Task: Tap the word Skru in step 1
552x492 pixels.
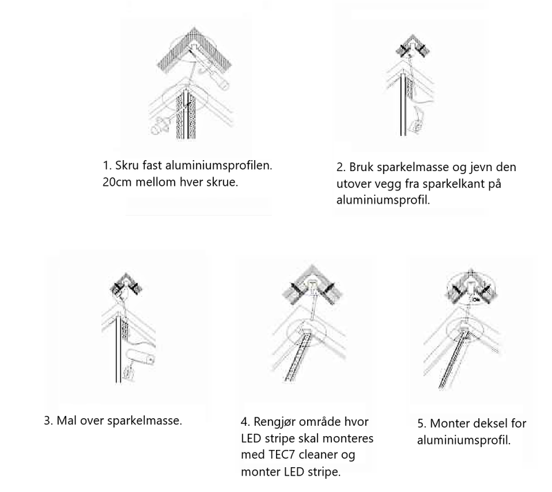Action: coord(126,167)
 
